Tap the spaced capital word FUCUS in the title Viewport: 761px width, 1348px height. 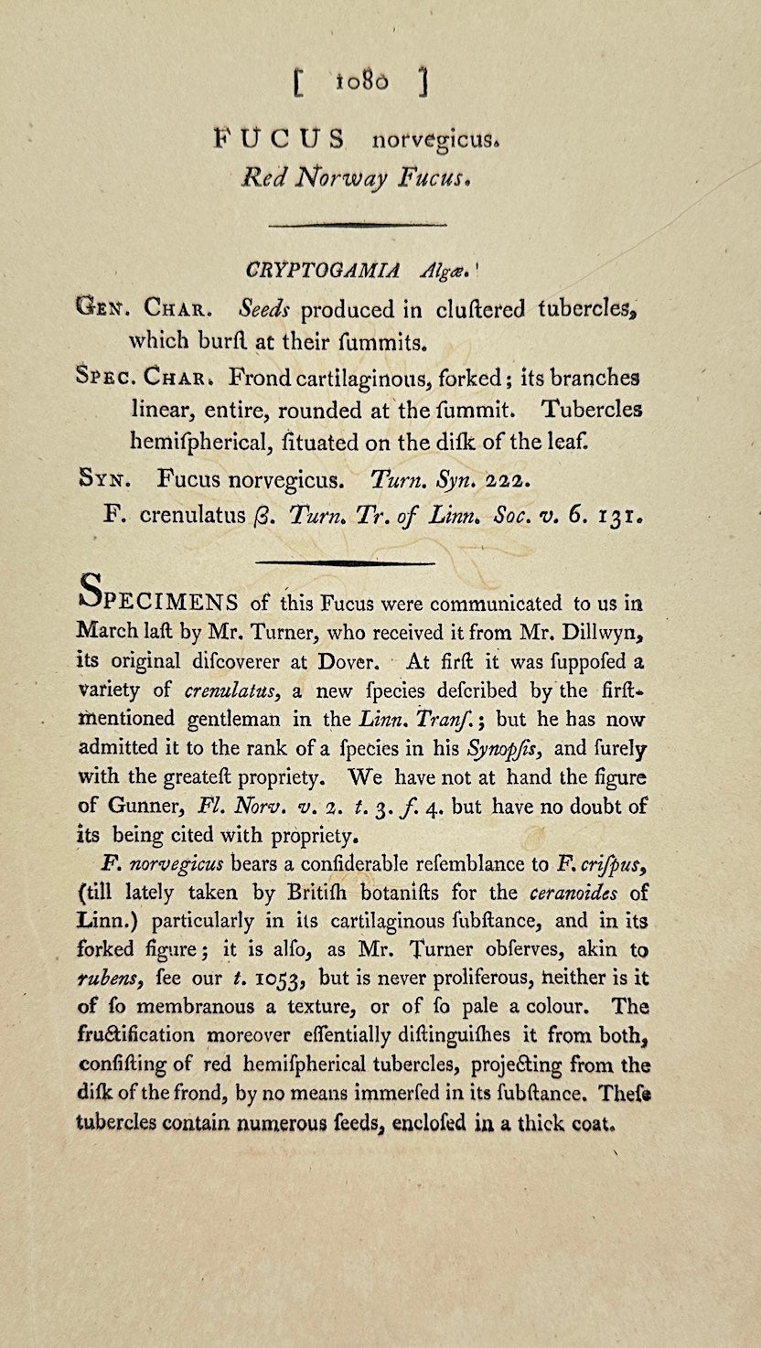point(280,139)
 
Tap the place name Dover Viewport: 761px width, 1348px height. point(341,660)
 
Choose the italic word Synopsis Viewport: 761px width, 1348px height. point(509,749)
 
